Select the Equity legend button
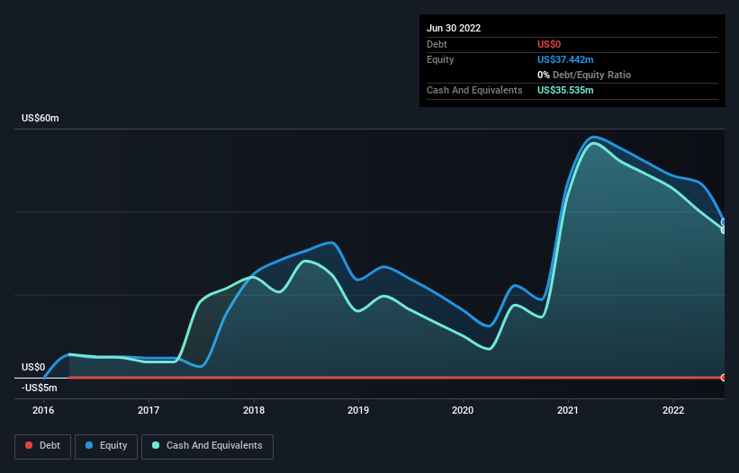106,445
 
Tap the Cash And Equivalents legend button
207,445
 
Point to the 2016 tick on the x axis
43,410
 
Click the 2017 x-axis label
149,410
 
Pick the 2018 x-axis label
254,410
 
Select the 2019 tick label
358,410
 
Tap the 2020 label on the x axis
464,410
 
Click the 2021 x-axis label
568,410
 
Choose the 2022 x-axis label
673,410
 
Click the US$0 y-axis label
33,367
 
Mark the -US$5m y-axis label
40,388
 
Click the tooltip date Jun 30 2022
454,28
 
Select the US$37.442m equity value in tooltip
565,59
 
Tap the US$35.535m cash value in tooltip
565,91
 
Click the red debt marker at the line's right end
724,377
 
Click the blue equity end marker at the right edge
724,222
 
